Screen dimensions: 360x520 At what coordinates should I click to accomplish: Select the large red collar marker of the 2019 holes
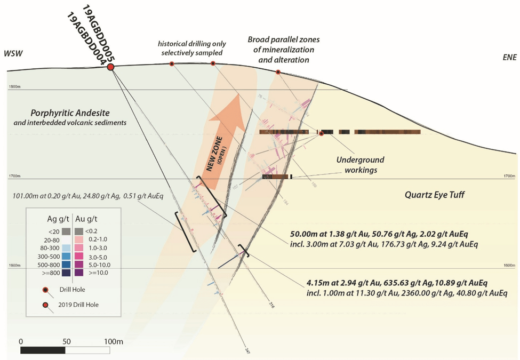pyautogui.click(x=111, y=67)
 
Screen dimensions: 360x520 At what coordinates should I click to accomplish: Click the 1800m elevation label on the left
pyautogui.click(x=14, y=87)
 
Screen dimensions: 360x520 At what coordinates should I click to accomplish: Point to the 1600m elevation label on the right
pyautogui.click(x=510, y=265)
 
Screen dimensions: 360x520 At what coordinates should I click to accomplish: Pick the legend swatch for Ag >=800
pyautogui.click(x=66, y=273)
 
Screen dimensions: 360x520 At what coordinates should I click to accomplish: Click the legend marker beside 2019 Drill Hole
pyautogui.click(x=47, y=305)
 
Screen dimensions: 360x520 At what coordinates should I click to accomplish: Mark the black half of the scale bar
pyautogui.click(x=43, y=350)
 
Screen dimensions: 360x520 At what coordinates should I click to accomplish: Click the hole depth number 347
pyautogui.click(x=247, y=350)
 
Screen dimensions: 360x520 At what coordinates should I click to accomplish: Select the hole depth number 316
pyautogui.click(x=271, y=306)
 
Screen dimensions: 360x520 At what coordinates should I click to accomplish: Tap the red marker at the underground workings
pyautogui.click(x=321, y=133)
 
